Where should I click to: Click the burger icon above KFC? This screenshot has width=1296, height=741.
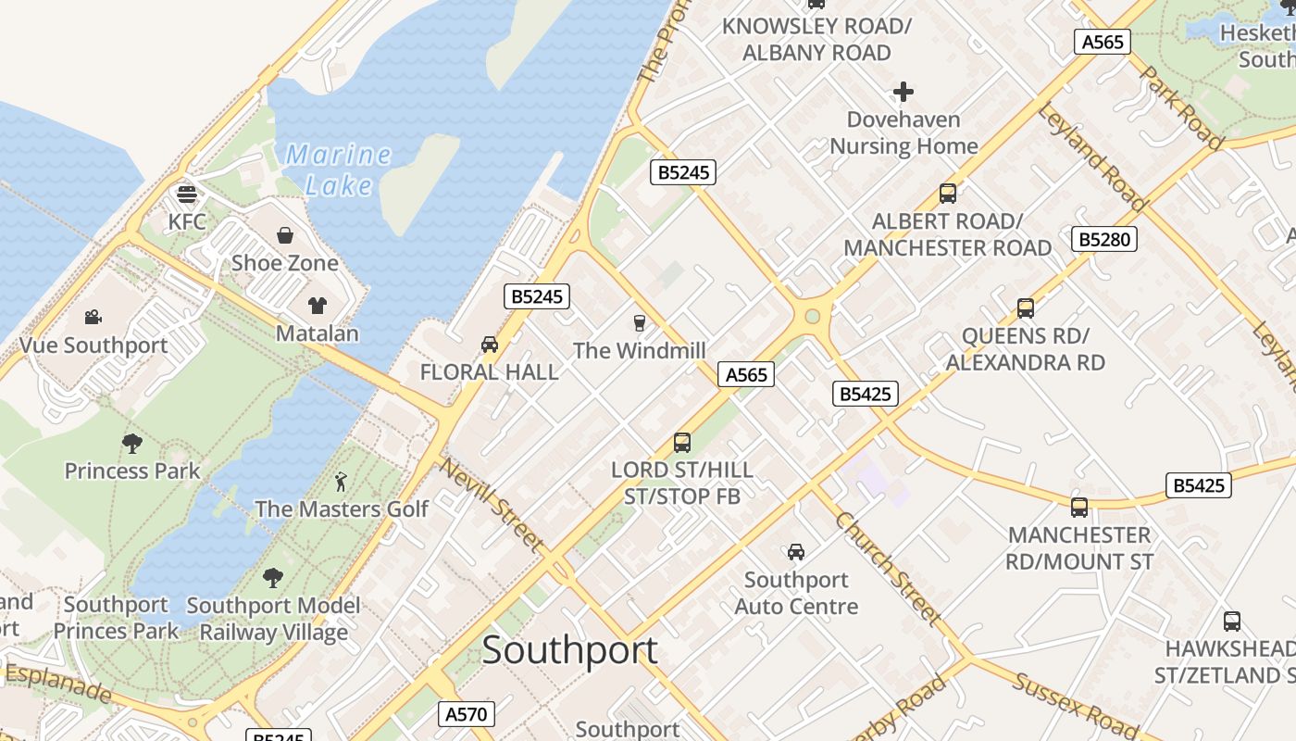(x=187, y=195)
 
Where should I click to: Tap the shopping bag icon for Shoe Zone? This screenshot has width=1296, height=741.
(x=285, y=235)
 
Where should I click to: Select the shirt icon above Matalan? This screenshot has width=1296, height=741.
(x=318, y=306)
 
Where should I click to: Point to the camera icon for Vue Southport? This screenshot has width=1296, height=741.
(x=93, y=318)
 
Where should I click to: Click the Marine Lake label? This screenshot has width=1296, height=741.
(x=338, y=170)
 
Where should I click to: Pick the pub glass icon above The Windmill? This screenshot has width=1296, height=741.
(x=639, y=322)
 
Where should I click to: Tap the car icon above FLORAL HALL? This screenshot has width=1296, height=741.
(x=490, y=345)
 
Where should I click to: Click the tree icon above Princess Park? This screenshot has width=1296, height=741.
(x=132, y=444)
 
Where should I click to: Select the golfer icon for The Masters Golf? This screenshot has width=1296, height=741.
(x=342, y=482)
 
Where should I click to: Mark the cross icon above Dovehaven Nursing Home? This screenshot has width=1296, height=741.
(x=903, y=92)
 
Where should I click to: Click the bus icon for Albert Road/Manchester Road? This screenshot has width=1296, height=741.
(x=948, y=194)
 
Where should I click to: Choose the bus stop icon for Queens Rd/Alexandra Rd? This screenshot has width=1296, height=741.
(x=1026, y=308)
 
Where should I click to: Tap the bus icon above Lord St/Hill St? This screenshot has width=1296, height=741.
(x=682, y=443)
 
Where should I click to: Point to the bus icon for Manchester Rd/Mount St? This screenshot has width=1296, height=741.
(x=1079, y=508)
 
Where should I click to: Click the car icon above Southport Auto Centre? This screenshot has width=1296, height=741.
(x=796, y=552)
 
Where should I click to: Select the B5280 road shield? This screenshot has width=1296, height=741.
(x=1104, y=239)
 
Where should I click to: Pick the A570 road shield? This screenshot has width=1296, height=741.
(x=466, y=714)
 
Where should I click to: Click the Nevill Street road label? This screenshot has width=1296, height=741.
(x=491, y=505)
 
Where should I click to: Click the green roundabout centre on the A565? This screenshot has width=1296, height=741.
(x=813, y=317)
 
